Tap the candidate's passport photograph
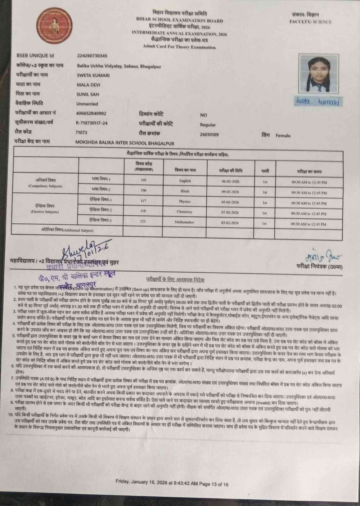pos(320,73)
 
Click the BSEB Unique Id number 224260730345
pos(92,56)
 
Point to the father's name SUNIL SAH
pos(87,94)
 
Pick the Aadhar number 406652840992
pos(91,113)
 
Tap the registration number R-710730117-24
pos(92,123)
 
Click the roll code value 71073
pos(81,132)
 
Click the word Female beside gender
pos(283,135)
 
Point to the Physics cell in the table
pos(185,201)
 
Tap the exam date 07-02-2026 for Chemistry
pos(230,212)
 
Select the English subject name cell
pos(185,181)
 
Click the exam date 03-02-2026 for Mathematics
pos(230,223)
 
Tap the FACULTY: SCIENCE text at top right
pos(310,22)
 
